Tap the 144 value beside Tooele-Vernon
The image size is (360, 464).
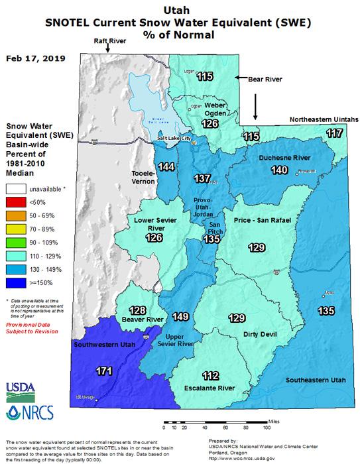[167, 166]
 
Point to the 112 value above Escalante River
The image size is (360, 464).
[210, 376]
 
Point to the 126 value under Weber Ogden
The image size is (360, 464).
[211, 123]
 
